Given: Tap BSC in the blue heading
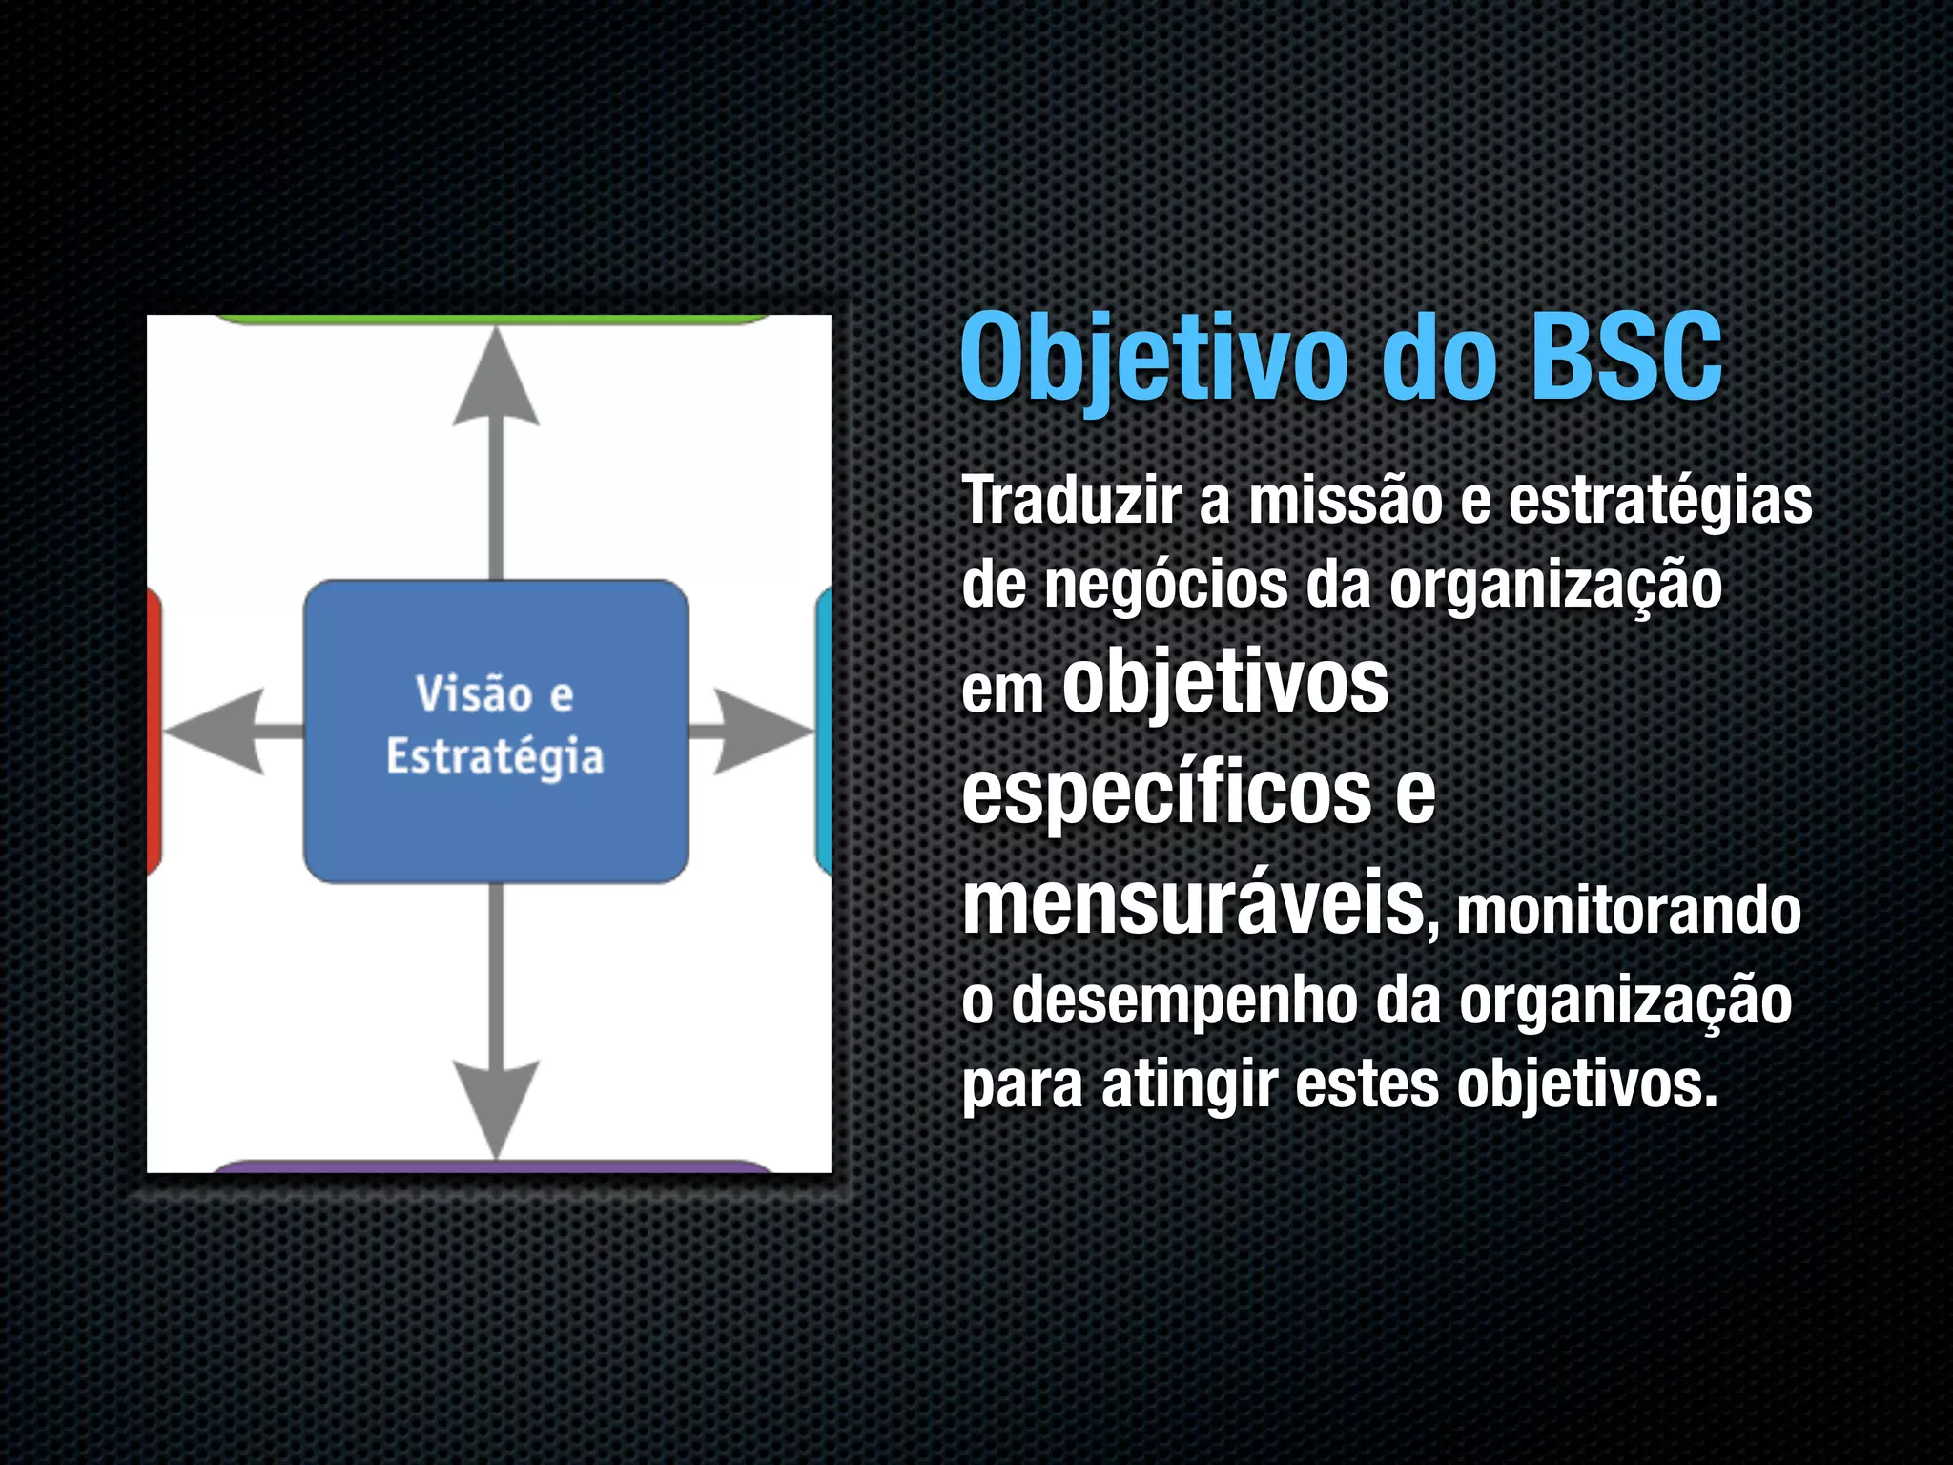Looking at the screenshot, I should click(x=1626, y=359).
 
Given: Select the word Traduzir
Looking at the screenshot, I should click(x=1071, y=500).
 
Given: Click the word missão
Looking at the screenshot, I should click(x=1345, y=500).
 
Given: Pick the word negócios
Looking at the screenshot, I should click(x=1165, y=586).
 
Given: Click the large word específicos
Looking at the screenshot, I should click(x=1165, y=794).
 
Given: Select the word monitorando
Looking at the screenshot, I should click(x=1629, y=910).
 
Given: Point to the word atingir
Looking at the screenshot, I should click(x=1189, y=1084).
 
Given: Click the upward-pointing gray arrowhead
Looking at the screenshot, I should click(x=496, y=382).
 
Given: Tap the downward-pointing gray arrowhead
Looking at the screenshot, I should click(x=496, y=1106).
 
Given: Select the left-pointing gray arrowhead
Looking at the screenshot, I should click(x=215, y=732).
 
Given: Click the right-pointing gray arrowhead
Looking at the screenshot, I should click(x=758, y=732).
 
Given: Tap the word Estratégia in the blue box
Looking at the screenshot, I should click(x=495, y=757).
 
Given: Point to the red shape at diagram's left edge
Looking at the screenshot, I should click(x=154, y=732).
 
